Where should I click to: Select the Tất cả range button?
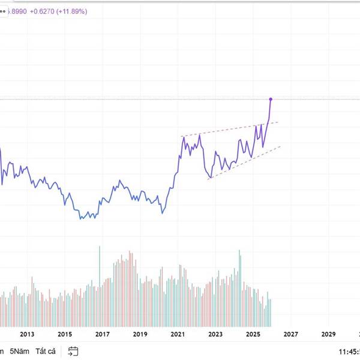coord(46,351)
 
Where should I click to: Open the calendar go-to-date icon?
coord(73,351)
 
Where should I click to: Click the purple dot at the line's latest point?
coord(271,98)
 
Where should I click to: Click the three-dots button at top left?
coord(2,11)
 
